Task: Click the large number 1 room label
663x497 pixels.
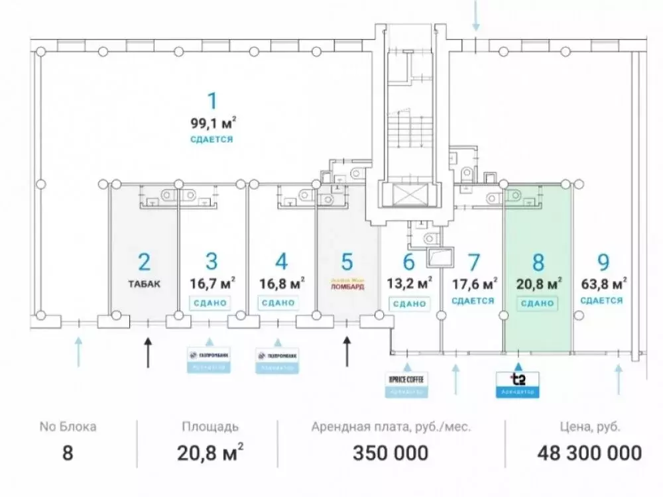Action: point(212,101)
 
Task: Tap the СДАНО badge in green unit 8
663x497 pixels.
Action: point(537,303)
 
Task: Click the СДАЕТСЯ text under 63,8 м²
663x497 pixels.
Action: point(602,300)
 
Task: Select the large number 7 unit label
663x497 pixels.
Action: point(473,262)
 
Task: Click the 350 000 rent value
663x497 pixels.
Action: point(391,453)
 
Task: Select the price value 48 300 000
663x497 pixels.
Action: point(589,453)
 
